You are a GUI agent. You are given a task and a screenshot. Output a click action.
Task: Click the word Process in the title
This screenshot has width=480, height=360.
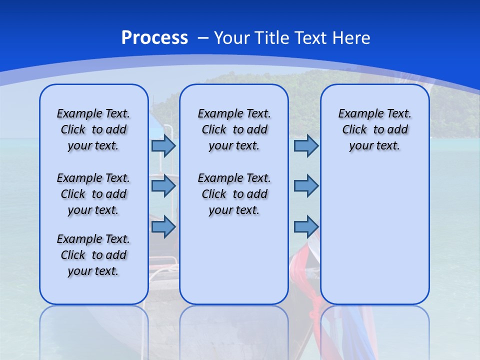tap(154, 38)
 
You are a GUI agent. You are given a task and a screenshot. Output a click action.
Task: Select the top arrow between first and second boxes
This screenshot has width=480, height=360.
tap(163, 146)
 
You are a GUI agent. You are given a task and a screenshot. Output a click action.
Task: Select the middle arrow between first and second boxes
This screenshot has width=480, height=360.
tap(163, 186)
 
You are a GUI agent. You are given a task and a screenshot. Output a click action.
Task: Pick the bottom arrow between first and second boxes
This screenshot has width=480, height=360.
tap(163, 226)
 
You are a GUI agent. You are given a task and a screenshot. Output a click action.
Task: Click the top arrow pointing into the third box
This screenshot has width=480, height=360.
tap(306, 146)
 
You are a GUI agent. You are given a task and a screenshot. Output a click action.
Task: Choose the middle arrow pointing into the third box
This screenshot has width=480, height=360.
tap(306, 186)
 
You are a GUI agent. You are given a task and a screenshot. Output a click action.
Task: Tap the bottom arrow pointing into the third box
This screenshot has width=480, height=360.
tap(306, 226)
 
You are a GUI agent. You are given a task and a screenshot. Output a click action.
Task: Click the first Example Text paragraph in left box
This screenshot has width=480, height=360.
tap(93, 129)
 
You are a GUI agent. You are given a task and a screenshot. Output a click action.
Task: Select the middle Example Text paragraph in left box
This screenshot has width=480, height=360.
tap(93, 194)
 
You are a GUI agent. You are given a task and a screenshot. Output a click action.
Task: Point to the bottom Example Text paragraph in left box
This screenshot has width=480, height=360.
tap(93, 255)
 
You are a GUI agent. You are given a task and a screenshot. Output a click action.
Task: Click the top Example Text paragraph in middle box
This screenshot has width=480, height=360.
tap(234, 129)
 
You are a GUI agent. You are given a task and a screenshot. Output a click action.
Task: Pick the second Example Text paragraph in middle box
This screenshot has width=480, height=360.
tap(234, 194)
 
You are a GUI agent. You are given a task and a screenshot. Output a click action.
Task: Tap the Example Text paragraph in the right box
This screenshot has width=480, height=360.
tap(374, 129)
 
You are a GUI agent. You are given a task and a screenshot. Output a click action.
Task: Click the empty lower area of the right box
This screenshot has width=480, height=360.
tap(374, 240)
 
